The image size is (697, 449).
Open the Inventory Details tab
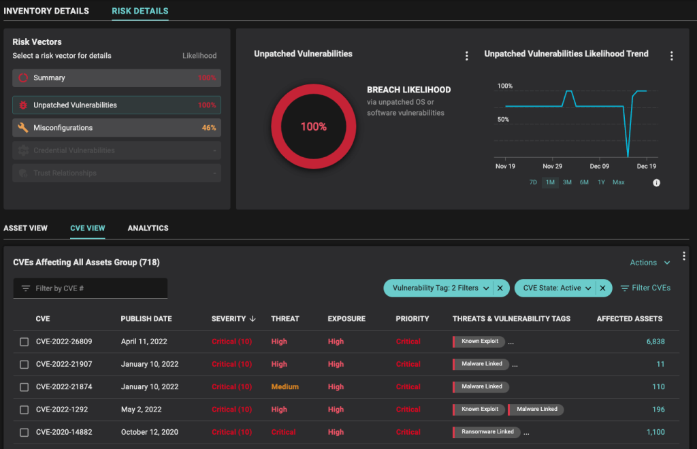coord(46,11)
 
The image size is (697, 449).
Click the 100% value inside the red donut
coord(314,127)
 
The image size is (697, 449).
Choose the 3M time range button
coord(567,182)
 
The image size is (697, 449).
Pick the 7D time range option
coord(533,182)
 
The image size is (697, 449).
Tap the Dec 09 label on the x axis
coord(600,166)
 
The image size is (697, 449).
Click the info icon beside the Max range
coord(657,182)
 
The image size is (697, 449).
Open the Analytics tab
coord(148,228)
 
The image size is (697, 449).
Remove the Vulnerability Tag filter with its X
coord(500,288)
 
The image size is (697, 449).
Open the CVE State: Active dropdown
coord(557,288)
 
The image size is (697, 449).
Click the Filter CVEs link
coord(645,288)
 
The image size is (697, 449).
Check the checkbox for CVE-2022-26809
coord(25,342)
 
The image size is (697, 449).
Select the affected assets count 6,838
coord(655,342)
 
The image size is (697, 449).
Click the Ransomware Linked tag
coord(487,432)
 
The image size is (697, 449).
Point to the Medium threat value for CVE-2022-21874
coord(285,387)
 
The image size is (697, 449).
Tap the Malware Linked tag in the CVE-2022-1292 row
coord(536,410)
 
